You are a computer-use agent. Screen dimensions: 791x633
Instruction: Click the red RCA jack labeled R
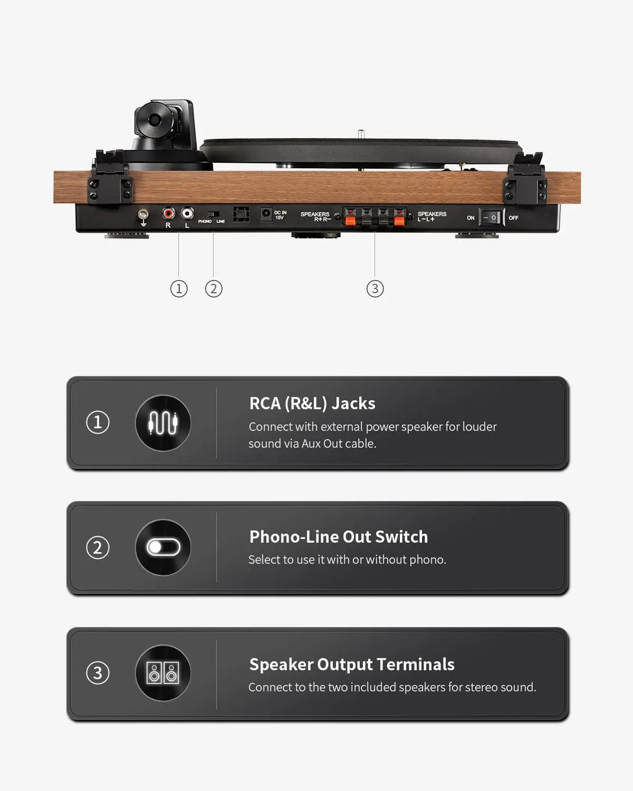coord(168,213)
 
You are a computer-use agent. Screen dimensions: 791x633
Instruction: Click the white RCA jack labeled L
coord(187,213)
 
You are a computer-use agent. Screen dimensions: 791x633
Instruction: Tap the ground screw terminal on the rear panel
coord(143,215)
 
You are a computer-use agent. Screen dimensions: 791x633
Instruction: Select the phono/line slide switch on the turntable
coord(213,214)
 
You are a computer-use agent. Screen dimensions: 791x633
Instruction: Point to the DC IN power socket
coord(266,214)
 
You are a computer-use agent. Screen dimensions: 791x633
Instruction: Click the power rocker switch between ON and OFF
coord(491,217)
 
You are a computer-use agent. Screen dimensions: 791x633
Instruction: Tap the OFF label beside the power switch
coord(513,218)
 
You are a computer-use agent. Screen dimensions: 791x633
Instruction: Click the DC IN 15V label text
coord(280,215)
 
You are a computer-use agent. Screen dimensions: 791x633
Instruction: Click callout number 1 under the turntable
coord(179,288)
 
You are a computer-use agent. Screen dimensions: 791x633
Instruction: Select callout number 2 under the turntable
coord(213,288)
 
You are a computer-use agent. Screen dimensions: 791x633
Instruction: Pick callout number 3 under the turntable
coord(375,288)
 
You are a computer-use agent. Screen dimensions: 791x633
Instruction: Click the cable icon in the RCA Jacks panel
coord(163,423)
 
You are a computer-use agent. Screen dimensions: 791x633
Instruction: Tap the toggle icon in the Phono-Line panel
coord(163,547)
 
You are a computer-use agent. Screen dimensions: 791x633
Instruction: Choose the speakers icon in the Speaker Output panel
coord(163,673)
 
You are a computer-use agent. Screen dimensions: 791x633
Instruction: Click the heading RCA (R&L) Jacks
coord(312,404)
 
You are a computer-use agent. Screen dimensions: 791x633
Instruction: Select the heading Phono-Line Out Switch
coord(338,537)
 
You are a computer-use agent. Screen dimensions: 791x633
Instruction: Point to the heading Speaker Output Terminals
coord(352,664)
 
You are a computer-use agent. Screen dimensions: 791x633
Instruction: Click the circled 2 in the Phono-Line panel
coord(98,547)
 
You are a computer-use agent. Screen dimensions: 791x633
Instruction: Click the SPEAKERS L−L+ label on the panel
coord(432,216)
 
